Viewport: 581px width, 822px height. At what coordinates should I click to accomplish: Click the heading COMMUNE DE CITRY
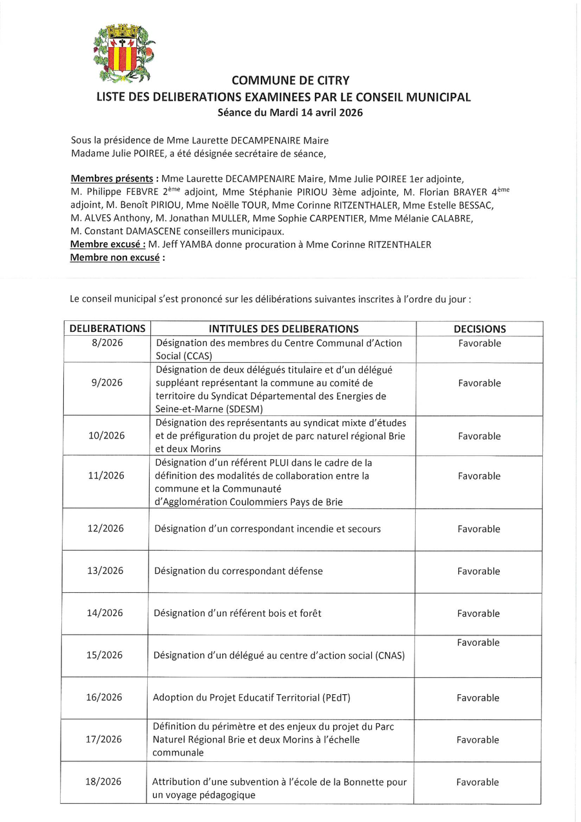(290, 81)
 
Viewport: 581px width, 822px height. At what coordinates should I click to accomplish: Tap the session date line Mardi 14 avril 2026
(290, 112)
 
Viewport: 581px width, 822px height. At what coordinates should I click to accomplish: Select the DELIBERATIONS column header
(107, 329)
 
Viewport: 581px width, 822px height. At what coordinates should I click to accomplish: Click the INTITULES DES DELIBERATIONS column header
(283, 329)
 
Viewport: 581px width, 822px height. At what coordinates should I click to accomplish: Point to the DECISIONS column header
(480, 329)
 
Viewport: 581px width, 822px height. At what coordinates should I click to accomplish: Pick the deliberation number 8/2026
(107, 343)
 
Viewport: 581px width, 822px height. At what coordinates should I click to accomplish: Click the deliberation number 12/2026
(105, 528)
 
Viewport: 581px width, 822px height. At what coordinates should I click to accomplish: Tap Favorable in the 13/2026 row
(479, 571)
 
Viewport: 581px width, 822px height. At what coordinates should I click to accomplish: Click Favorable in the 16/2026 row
(478, 697)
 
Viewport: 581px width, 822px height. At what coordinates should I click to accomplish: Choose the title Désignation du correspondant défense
(238, 571)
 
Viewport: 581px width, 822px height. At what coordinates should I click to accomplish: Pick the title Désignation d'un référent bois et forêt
(238, 613)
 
